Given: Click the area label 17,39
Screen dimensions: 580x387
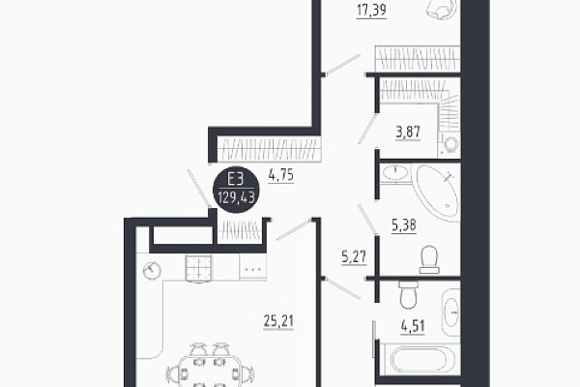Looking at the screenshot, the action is pyautogui.click(x=372, y=10).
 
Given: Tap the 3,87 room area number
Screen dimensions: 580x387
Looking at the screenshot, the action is pyautogui.click(x=408, y=132).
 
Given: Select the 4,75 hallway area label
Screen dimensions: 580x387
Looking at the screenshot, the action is pyautogui.click(x=281, y=175).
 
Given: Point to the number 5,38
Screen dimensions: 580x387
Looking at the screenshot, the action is pyautogui.click(x=404, y=224).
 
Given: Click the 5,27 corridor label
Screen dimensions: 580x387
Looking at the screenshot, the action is pyautogui.click(x=354, y=256).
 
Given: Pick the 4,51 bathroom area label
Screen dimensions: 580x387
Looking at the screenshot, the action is pyautogui.click(x=413, y=327).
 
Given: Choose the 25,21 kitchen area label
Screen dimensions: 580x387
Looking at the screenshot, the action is pyautogui.click(x=278, y=321).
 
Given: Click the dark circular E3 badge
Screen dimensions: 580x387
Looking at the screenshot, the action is pyautogui.click(x=236, y=190).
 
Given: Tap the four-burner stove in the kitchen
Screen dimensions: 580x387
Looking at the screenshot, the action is pyautogui.click(x=198, y=268).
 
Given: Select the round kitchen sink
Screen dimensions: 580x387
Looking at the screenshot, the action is pyautogui.click(x=152, y=270).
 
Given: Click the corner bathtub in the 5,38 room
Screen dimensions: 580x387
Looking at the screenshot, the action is pyautogui.click(x=438, y=193).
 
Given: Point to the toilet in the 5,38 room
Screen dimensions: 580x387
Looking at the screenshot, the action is pyautogui.click(x=429, y=259).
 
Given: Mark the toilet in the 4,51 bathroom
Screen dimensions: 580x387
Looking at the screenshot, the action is pyautogui.click(x=408, y=294).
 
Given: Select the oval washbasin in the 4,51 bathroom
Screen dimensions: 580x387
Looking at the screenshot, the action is pyautogui.click(x=451, y=313).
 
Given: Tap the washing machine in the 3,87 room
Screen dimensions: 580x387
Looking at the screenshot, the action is pyautogui.click(x=449, y=145).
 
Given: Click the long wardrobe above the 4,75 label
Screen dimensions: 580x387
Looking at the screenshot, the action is pyautogui.click(x=269, y=149).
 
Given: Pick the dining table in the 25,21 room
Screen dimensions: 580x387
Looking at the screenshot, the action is pyautogui.click(x=210, y=372).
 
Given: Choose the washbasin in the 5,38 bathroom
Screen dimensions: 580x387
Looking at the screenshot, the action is pyautogui.click(x=395, y=173).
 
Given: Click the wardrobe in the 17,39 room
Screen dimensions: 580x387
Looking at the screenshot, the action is pyautogui.click(x=418, y=58).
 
